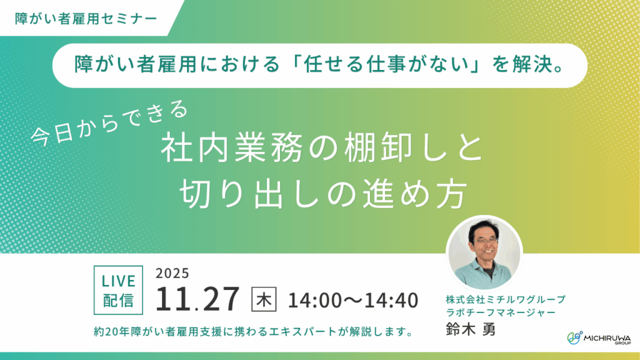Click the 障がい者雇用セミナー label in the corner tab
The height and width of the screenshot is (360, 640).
pyautogui.click(x=86, y=18)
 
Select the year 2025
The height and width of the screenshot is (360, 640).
pyautogui.click(x=172, y=274)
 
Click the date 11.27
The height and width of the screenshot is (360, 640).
pyautogui.click(x=197, y=300)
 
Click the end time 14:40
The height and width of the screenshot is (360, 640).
pyautogui.click(x=391, y=300)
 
